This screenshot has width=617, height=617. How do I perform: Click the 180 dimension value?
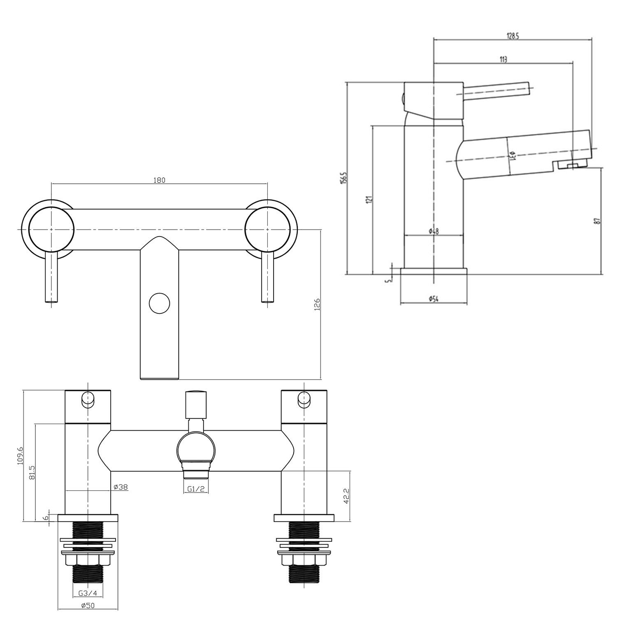159,180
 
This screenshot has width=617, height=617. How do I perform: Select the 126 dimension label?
317,305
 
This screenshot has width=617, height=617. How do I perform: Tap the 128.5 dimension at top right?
513,36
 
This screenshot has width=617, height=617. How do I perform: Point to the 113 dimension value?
503,60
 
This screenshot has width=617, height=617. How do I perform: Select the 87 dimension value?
598,221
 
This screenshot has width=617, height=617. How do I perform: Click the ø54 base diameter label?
433,299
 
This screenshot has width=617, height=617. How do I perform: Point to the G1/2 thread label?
196,489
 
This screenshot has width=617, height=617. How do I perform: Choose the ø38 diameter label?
121,487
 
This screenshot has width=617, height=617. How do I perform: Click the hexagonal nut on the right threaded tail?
304,561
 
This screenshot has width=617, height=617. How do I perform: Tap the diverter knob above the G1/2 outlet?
196,405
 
